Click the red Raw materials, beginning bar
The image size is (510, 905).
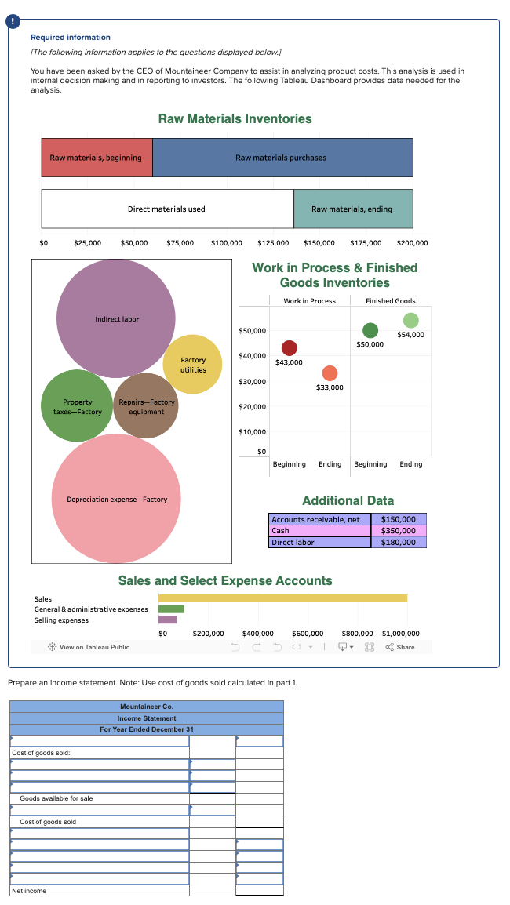pos(97,158)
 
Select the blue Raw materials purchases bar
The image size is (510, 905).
pos(282,158)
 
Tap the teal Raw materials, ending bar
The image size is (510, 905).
pos(352,209)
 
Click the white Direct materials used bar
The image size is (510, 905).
pos(167,209)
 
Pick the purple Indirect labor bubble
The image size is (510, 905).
pos(116,319)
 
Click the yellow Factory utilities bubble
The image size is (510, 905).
pos(193,365)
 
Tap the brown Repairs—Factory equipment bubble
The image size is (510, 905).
pos(147,406)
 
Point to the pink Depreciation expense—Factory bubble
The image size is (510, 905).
pos(117,499)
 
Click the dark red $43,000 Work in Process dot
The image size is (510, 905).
pos(290,348)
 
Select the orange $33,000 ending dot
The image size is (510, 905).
pos(330,373)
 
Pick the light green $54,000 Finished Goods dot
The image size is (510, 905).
pos(410,320)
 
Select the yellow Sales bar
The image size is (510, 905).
pos(282,598)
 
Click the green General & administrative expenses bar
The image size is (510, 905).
pos(171,609)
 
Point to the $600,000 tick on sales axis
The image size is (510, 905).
pos(308,633)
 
